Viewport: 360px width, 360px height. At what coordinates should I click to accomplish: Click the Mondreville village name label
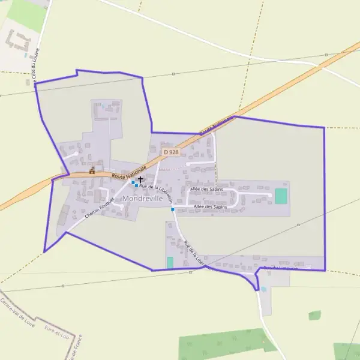tap(142, 199)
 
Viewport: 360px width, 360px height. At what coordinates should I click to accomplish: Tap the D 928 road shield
tap(171, 152)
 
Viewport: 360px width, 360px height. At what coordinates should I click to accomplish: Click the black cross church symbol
tap(140, 179)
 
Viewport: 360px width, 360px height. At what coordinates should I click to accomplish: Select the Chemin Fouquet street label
tap(100, 208)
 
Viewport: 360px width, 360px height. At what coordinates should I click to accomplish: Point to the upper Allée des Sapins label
tap(208, 189)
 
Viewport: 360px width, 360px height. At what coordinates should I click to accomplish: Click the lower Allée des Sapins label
tap(210, 207)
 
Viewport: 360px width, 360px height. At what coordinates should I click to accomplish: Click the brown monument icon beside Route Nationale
tap(92, 170)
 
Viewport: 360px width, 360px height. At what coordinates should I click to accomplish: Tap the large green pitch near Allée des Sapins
tap(281, 196)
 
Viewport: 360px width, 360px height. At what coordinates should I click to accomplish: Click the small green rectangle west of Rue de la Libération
tap(170, 262)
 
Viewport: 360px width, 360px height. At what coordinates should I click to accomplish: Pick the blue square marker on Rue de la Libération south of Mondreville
tap(173, 209)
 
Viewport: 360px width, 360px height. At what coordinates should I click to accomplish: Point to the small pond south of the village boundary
tap(263, 289)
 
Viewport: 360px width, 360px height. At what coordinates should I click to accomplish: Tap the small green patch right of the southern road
tap(314, 315)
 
